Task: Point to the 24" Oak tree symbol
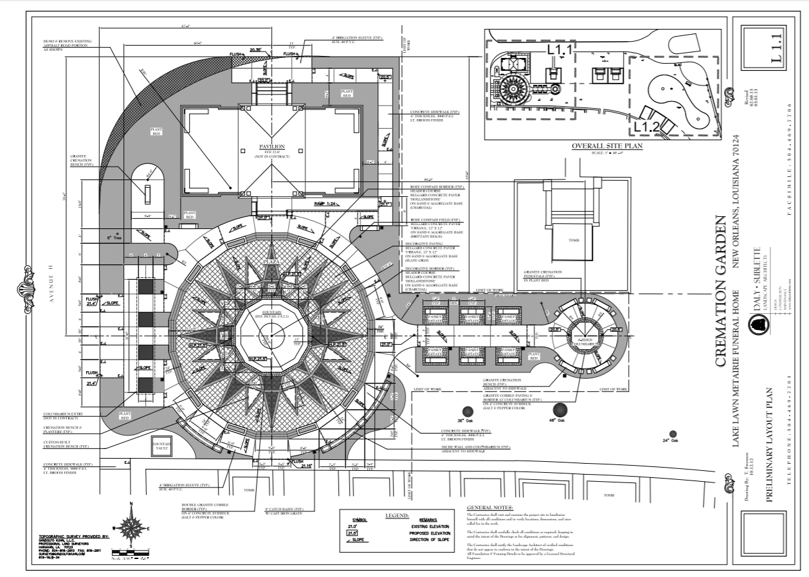[x=673, y=434]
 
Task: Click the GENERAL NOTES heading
[x=494, y=508]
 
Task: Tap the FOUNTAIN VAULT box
[x=159, y=446]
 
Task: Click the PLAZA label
[x=271, y=262]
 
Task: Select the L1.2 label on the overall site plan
[x=645, y=127]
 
